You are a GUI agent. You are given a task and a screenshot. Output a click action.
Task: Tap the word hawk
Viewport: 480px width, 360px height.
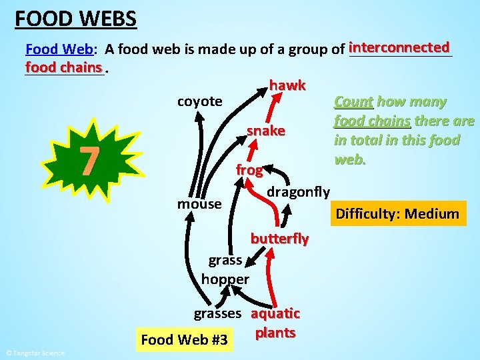point(287,85)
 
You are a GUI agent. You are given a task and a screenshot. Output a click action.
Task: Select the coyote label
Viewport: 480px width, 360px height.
point(199,101)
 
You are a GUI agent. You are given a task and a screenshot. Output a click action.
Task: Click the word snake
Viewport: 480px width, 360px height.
point(266,131)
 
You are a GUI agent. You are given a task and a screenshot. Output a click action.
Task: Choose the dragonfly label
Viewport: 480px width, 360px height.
point(298,192)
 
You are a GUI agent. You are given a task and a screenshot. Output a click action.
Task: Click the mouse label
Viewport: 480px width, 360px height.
point(199,203)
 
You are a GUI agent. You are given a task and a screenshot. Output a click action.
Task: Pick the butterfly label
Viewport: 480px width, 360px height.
point(279,238)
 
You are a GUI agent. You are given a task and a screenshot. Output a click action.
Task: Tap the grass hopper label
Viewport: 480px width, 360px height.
point(225,269)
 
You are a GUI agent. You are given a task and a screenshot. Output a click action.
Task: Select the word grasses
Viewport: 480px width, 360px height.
point(217,313)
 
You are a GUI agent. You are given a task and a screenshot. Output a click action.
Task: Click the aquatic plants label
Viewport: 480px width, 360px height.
point(275,323)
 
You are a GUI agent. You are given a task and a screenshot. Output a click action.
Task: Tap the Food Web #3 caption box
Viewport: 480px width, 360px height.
point(185,341)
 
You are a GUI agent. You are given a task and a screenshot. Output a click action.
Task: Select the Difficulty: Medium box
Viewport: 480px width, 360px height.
point(397,214)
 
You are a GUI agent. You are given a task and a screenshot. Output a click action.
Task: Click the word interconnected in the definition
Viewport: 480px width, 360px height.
point(399,47)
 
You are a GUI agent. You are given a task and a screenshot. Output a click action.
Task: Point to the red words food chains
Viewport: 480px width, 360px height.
point(63,67)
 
